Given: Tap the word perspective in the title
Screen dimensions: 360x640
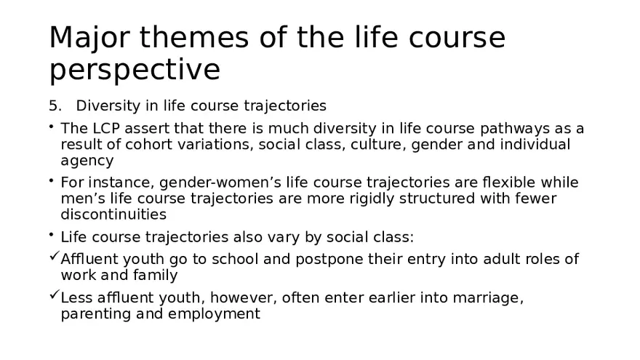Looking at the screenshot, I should coord(135,71).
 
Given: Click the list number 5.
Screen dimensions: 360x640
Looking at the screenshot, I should coord(54,106).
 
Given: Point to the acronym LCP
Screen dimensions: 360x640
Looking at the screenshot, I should coord(103,129).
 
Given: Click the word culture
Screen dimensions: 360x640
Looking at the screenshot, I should coord(377,144).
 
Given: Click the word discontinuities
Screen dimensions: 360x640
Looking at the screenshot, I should coord(113,214).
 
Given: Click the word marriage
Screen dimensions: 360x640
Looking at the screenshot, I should coord(490,297).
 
